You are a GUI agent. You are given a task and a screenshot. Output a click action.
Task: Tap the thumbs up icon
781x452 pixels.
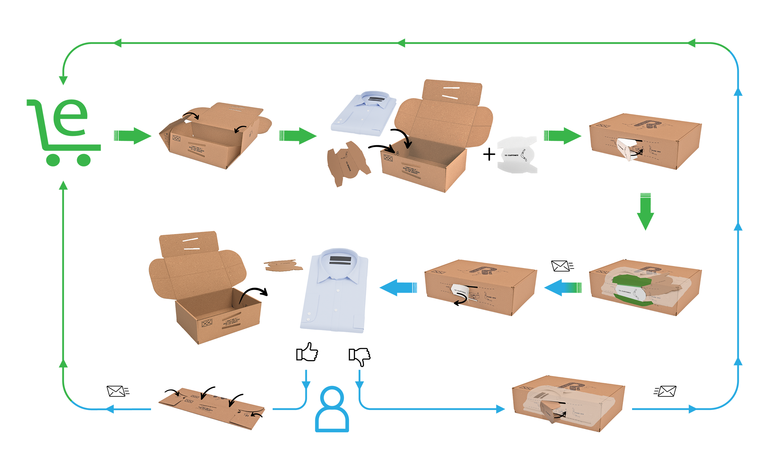tap(307, 352)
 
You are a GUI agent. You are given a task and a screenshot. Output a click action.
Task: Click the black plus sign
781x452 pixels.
tap(489, 155)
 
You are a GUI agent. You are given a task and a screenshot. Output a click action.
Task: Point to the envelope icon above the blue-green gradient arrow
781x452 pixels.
tap(562, 266)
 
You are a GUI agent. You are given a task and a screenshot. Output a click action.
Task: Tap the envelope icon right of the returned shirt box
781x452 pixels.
tap(665, 391)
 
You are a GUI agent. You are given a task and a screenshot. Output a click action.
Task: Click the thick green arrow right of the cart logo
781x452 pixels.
tap(132, 136)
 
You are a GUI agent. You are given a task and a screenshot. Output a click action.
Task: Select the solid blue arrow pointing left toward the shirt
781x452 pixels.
tap(398, 287)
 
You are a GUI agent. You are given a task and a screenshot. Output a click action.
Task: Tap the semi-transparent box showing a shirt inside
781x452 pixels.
tap(568, 404)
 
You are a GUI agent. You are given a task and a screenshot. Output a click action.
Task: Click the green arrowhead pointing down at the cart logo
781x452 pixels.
tap(63, 80)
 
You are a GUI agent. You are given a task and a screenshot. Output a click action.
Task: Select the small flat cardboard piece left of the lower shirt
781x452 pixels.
tap(283, 266)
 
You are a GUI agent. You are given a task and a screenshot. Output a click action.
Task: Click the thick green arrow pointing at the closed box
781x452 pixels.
tap(562, 136)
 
